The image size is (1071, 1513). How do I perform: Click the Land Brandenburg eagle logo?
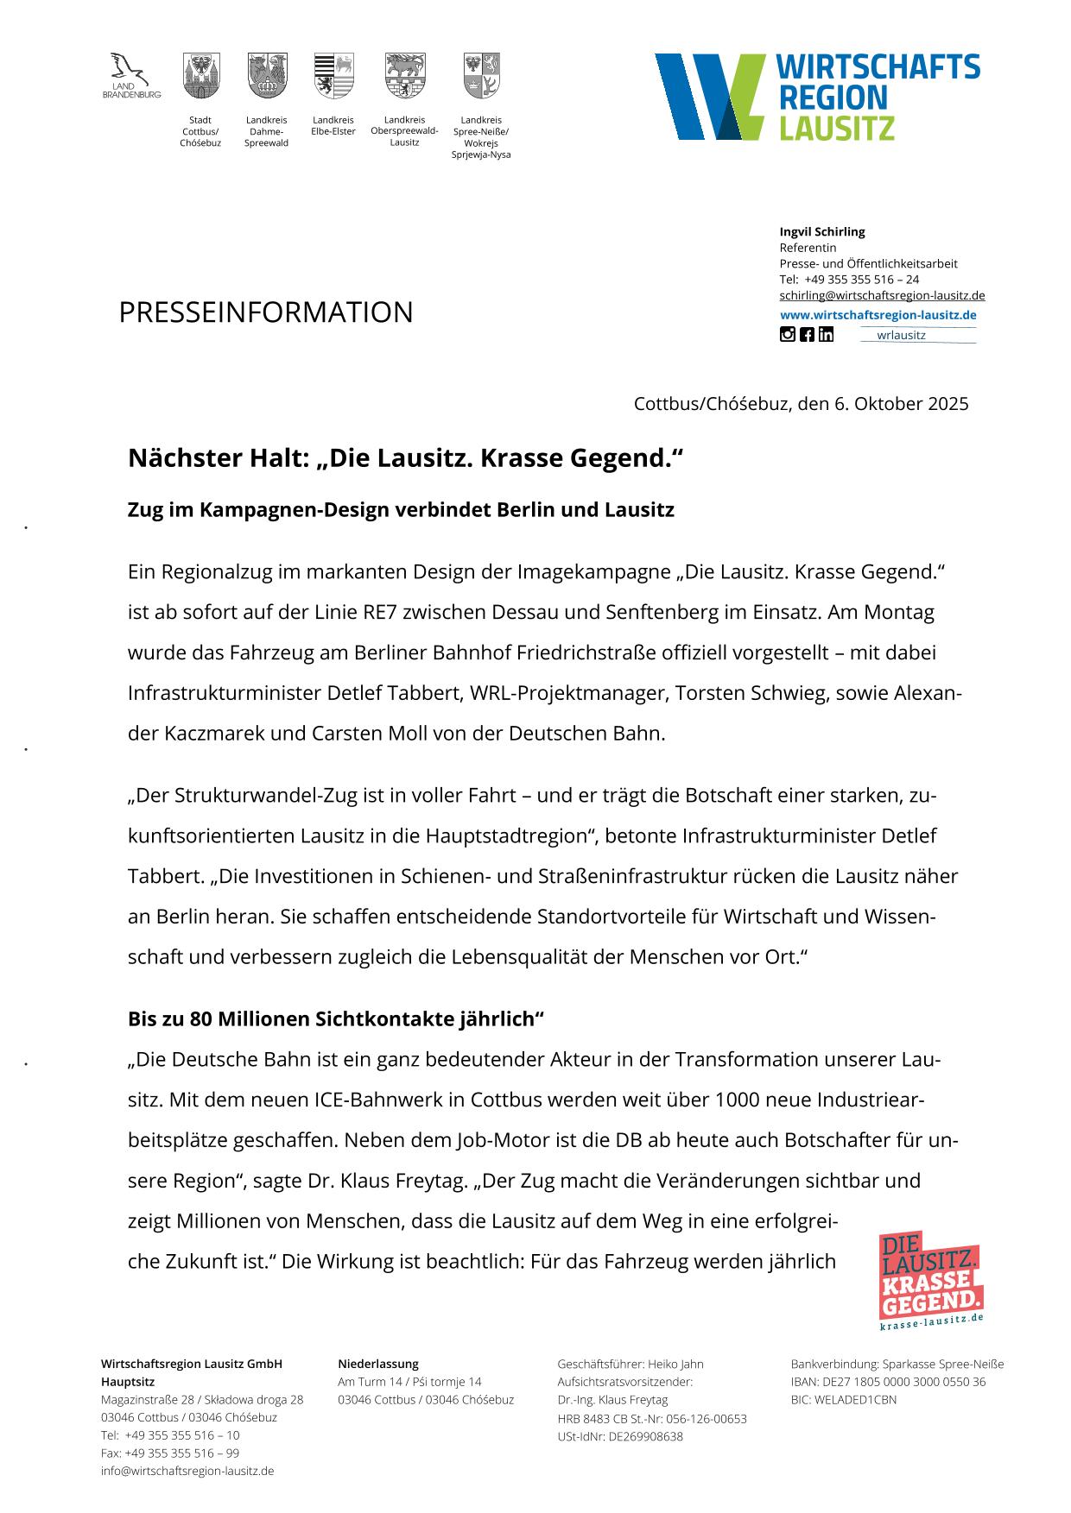130,69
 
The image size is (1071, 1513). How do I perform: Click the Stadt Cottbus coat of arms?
200,76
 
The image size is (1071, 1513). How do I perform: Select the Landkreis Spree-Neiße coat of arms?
481,76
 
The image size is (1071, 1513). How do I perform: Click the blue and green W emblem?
708,96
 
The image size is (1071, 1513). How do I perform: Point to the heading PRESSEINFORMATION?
266,312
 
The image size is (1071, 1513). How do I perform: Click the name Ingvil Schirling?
821,231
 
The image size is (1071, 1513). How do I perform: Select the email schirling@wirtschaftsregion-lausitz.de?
882,295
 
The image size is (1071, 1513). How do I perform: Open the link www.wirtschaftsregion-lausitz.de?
878,315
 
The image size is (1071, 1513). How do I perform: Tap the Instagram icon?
787,335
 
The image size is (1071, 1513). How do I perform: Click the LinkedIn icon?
827,335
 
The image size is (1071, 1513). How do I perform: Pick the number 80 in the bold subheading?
200,1019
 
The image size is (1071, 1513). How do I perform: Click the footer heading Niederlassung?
377,1365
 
